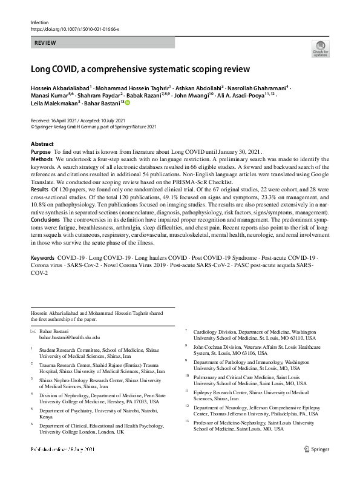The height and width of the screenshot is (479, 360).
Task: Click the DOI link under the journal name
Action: [x=74, y=28]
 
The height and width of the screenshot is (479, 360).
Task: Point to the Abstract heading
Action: [x=42, y=144]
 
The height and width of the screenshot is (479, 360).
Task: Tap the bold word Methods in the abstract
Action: [x=42, y=158]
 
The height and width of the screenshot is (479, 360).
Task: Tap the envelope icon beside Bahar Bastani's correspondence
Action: [x=33, y=331]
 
